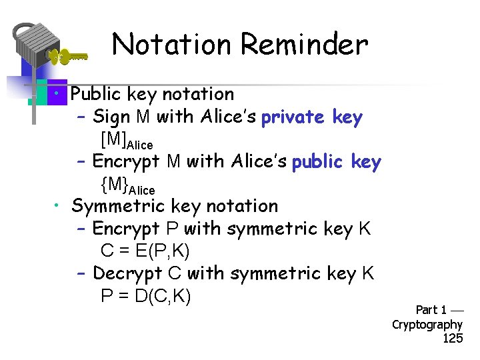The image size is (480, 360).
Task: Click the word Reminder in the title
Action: (304, 45)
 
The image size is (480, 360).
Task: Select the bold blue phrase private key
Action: (312, 117)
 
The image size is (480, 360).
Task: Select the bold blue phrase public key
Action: (337, 162)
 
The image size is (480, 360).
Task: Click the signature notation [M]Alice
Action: (126, 141)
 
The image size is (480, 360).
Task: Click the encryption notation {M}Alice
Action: (127, 185)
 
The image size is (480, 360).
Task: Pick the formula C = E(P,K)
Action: (145, 251)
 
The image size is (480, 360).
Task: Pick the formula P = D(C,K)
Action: (145, 296)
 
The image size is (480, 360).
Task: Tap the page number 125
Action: (453, 338)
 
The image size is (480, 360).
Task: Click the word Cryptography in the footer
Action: (427, 325)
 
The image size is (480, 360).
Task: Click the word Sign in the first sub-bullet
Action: (111, 117)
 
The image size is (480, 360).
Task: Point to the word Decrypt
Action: (127, 273)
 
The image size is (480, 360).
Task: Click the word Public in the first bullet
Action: (99, 95)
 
